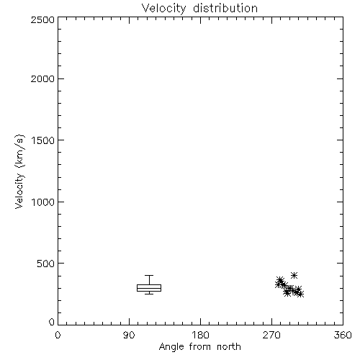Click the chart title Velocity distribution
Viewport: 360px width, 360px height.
coord(199,9)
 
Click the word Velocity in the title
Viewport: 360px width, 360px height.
coord(163,9)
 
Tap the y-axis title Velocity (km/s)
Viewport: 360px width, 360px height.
coord(19,171)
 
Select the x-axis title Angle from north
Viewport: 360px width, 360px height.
coord(199,347)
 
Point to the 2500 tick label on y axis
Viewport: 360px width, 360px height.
coord(42,19)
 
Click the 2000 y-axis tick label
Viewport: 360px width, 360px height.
coord(42,78)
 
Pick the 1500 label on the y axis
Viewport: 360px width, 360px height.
coord(43,140)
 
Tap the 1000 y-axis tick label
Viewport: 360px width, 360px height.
coord(43,202)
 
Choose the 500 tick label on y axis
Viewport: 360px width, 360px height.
coord(46,264)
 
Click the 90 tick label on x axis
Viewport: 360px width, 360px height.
coord(129,335)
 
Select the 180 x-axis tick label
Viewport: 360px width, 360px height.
coord(200,335)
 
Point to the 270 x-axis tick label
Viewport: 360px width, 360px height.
coord(271,335)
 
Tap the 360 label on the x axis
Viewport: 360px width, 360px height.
coord(343,335)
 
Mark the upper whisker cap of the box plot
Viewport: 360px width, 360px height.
coord(149,275)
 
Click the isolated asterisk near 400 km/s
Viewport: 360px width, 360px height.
coord(294,275)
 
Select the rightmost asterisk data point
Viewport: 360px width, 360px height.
coord(300,294)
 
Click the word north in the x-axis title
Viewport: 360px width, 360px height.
coord(229,347)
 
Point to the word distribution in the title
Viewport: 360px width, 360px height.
coord(225,9)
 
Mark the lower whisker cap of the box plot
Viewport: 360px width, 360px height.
coord(149,294)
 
